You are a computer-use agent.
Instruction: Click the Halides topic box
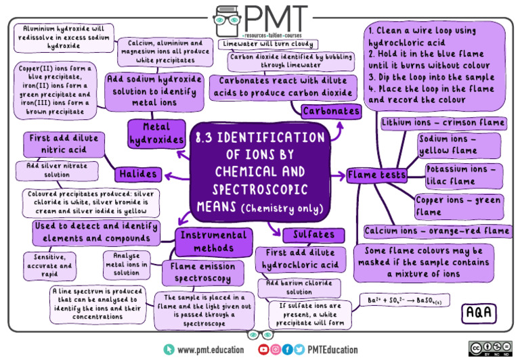click(x=138, y=174)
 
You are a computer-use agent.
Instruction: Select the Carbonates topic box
click(x=331, y=111)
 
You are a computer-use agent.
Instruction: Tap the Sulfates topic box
click(x=313, y=235)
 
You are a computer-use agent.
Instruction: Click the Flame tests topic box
click(x=376, y=175)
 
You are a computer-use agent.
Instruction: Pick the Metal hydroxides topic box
click(x=156, y=133)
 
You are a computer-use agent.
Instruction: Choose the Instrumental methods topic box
click(x=213, y=242)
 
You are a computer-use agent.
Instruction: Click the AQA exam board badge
click(x=479, y=313)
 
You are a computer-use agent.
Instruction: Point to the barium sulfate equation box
click(x=405, y=300)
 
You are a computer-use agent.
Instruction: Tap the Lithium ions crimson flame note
click(x=443, y=122)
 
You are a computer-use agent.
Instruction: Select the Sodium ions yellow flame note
click(x=459, y=145)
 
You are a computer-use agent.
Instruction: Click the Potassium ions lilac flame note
click(x=464, y=176)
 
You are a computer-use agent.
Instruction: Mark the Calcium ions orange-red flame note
click(x=437, y=231)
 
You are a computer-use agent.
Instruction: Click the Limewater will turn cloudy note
click(x=268, y=44)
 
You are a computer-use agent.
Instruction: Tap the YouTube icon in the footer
click(x=263, y=349)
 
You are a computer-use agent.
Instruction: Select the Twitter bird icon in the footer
click(x=299, y=349)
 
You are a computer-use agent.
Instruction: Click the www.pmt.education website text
click(x=211, y=350)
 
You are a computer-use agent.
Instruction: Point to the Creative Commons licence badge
click(x=490, y=348)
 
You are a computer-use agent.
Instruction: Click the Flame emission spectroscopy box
click(x=203, y=273)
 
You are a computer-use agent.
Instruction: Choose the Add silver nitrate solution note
click(x=57, y=171)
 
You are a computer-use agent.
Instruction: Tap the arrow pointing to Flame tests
click(x=339, y=176)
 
